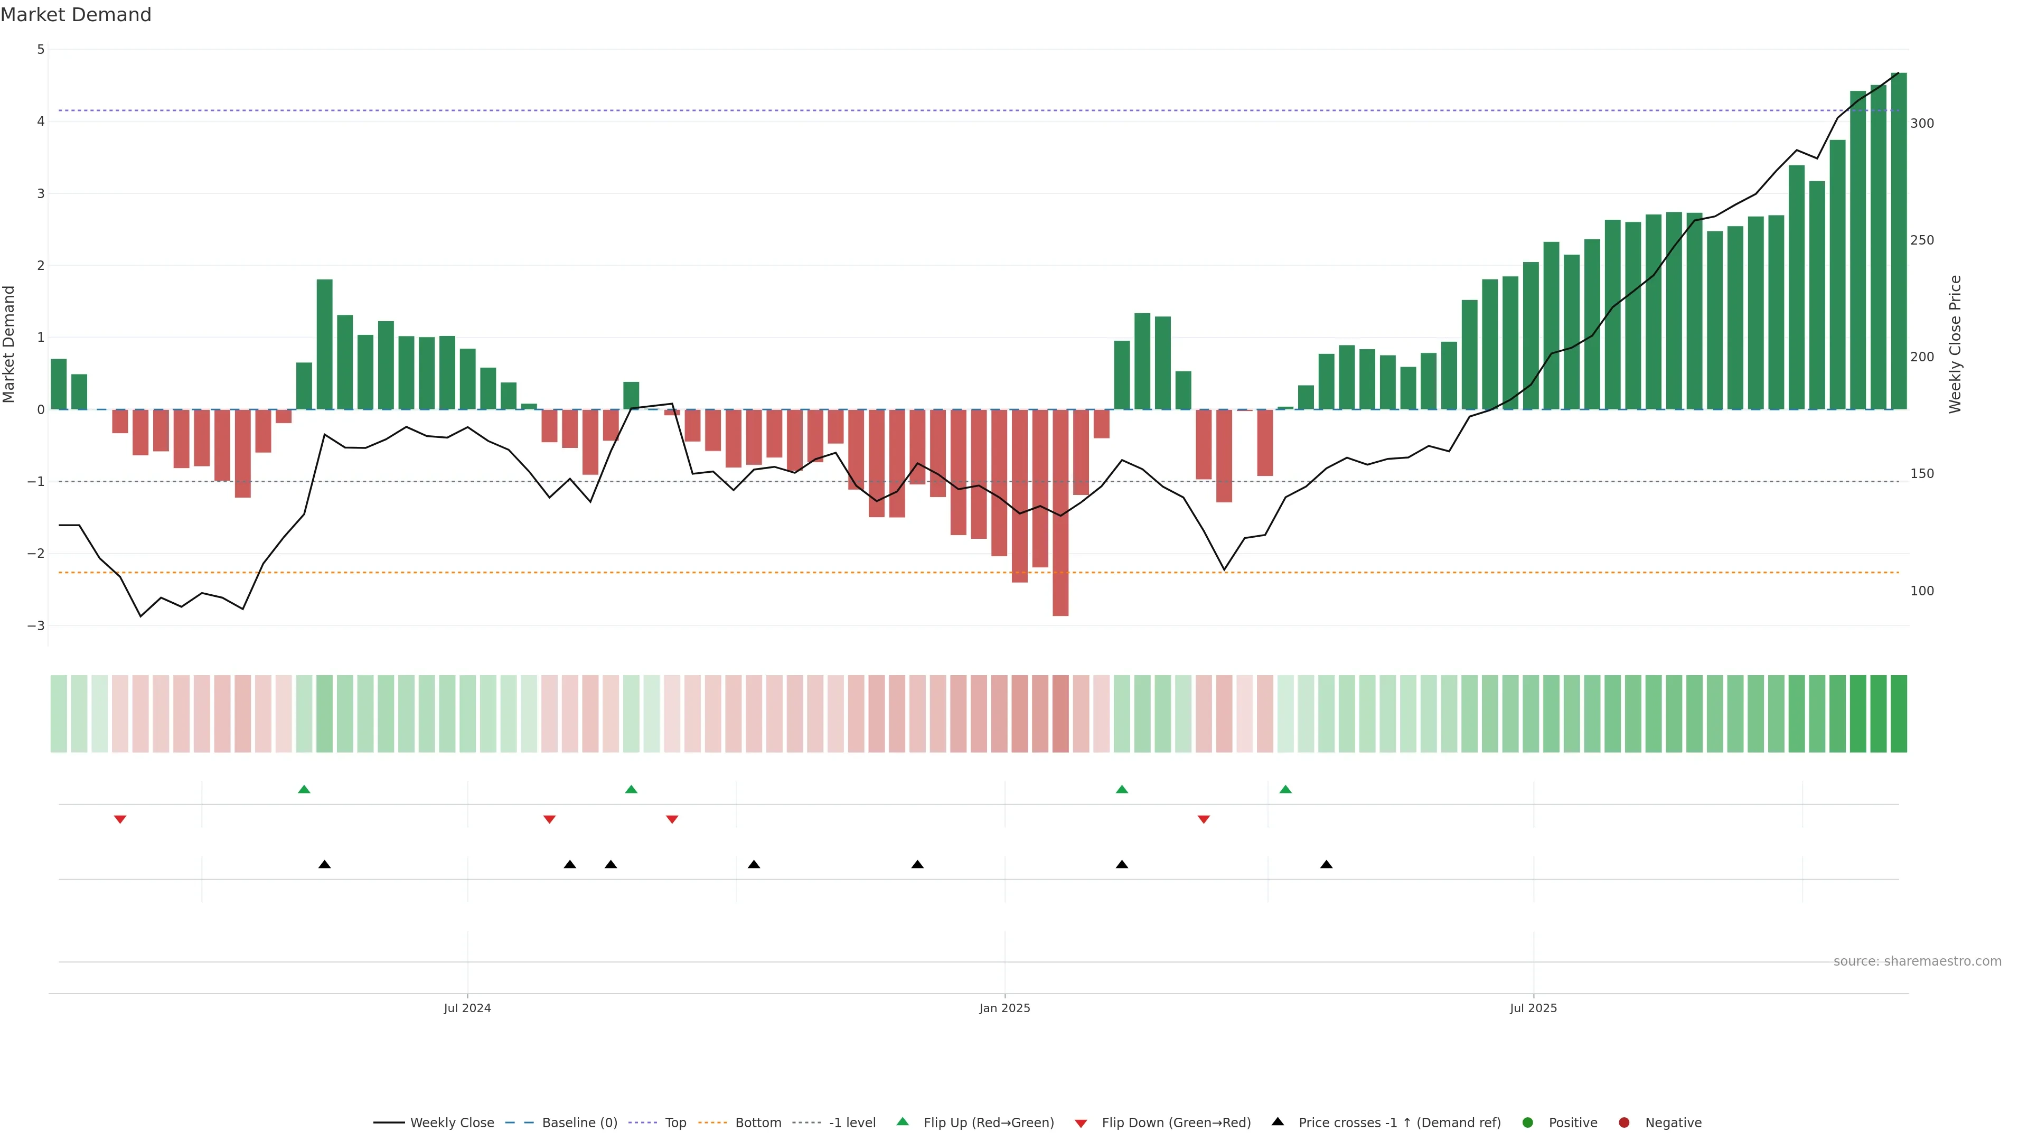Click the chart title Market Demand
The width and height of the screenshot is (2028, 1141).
[x=76, y=15]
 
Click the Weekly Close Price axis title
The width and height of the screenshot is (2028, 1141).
[x=1956, y=344]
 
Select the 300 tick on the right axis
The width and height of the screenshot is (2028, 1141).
[x=1922, y=124]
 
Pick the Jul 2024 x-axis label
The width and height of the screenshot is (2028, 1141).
[x=467, y=1008]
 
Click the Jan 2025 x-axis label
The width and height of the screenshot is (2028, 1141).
[x=1004, y=1008]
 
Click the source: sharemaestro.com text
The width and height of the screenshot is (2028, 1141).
[x=1917, y=961]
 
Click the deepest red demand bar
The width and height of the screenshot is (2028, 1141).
[x=1060, y=512]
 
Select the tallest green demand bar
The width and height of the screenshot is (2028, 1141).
[x=1899, y=241]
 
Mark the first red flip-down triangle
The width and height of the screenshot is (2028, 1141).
[x=120, y=820]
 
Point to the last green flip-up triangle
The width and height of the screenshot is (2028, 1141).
[x=1285, y=789]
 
